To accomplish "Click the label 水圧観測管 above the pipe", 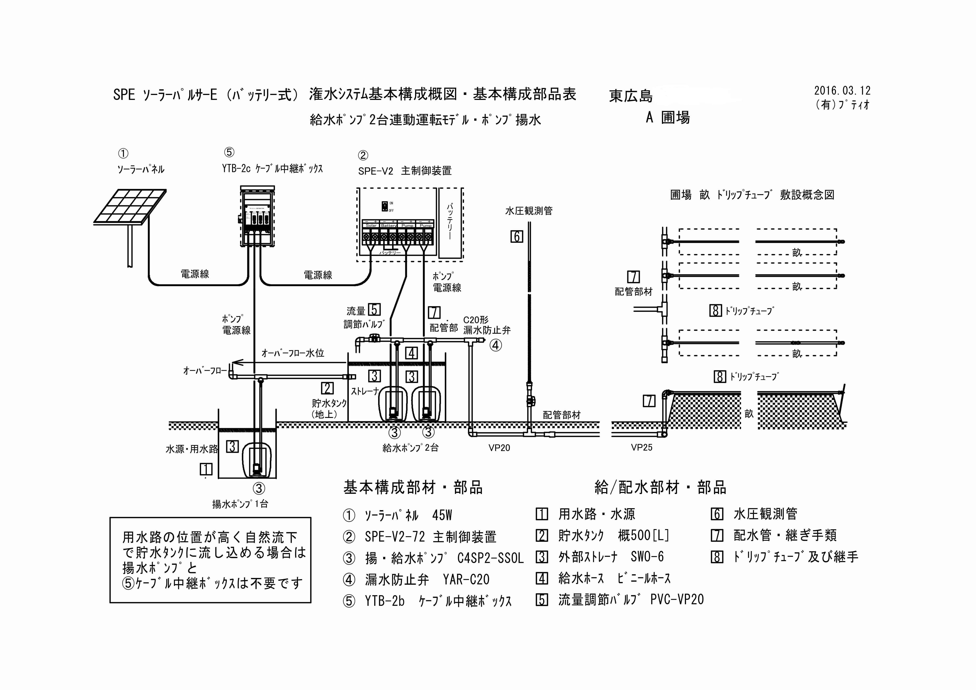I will point(529,211).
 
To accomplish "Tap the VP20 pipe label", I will point(499,448).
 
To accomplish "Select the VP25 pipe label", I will point(641,447).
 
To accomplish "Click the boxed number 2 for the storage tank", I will point(327,388).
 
